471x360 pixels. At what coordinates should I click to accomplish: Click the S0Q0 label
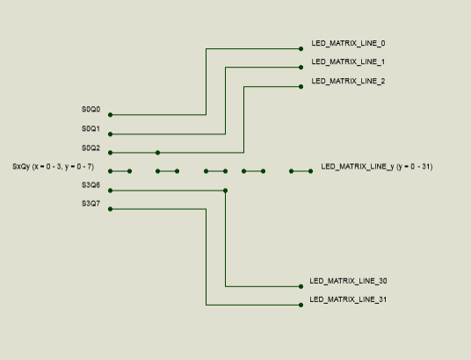tap(91, 109)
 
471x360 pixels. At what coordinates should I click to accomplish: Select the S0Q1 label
tap(91, 129)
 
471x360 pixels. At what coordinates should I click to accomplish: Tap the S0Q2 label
tap(91, 148)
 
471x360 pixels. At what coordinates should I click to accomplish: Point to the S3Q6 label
tap(91, 185)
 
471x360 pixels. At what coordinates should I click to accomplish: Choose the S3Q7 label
tap(91, 204)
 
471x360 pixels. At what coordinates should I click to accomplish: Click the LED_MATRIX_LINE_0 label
tap(348, 44)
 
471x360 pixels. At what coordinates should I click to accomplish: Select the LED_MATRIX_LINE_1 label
tap(348, 61)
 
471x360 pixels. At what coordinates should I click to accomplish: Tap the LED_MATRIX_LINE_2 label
tap(348, 81)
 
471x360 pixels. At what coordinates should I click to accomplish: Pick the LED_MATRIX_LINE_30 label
tap(348, 281)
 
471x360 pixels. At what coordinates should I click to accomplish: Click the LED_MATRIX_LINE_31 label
tap(348, 299)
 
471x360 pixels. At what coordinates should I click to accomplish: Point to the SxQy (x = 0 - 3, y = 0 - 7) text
tap(54, 167)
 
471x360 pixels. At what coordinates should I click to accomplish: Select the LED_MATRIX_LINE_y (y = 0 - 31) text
tap(377, 167)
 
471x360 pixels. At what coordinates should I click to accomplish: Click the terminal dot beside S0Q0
tap(110, 115)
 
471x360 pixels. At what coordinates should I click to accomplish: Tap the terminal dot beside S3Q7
tap(110, 209)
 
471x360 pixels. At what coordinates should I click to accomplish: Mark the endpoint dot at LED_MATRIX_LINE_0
tap(301, 48)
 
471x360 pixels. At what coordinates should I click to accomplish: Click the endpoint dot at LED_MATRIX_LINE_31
tap(301, 305)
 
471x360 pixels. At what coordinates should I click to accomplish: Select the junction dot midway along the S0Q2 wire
tap(157, 153)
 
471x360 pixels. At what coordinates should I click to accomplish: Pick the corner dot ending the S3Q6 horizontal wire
tap(225, 191)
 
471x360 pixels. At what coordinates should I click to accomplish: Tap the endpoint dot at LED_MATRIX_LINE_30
tap(301, 286)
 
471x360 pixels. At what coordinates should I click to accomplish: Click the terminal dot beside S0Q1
tap(110, 134)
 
